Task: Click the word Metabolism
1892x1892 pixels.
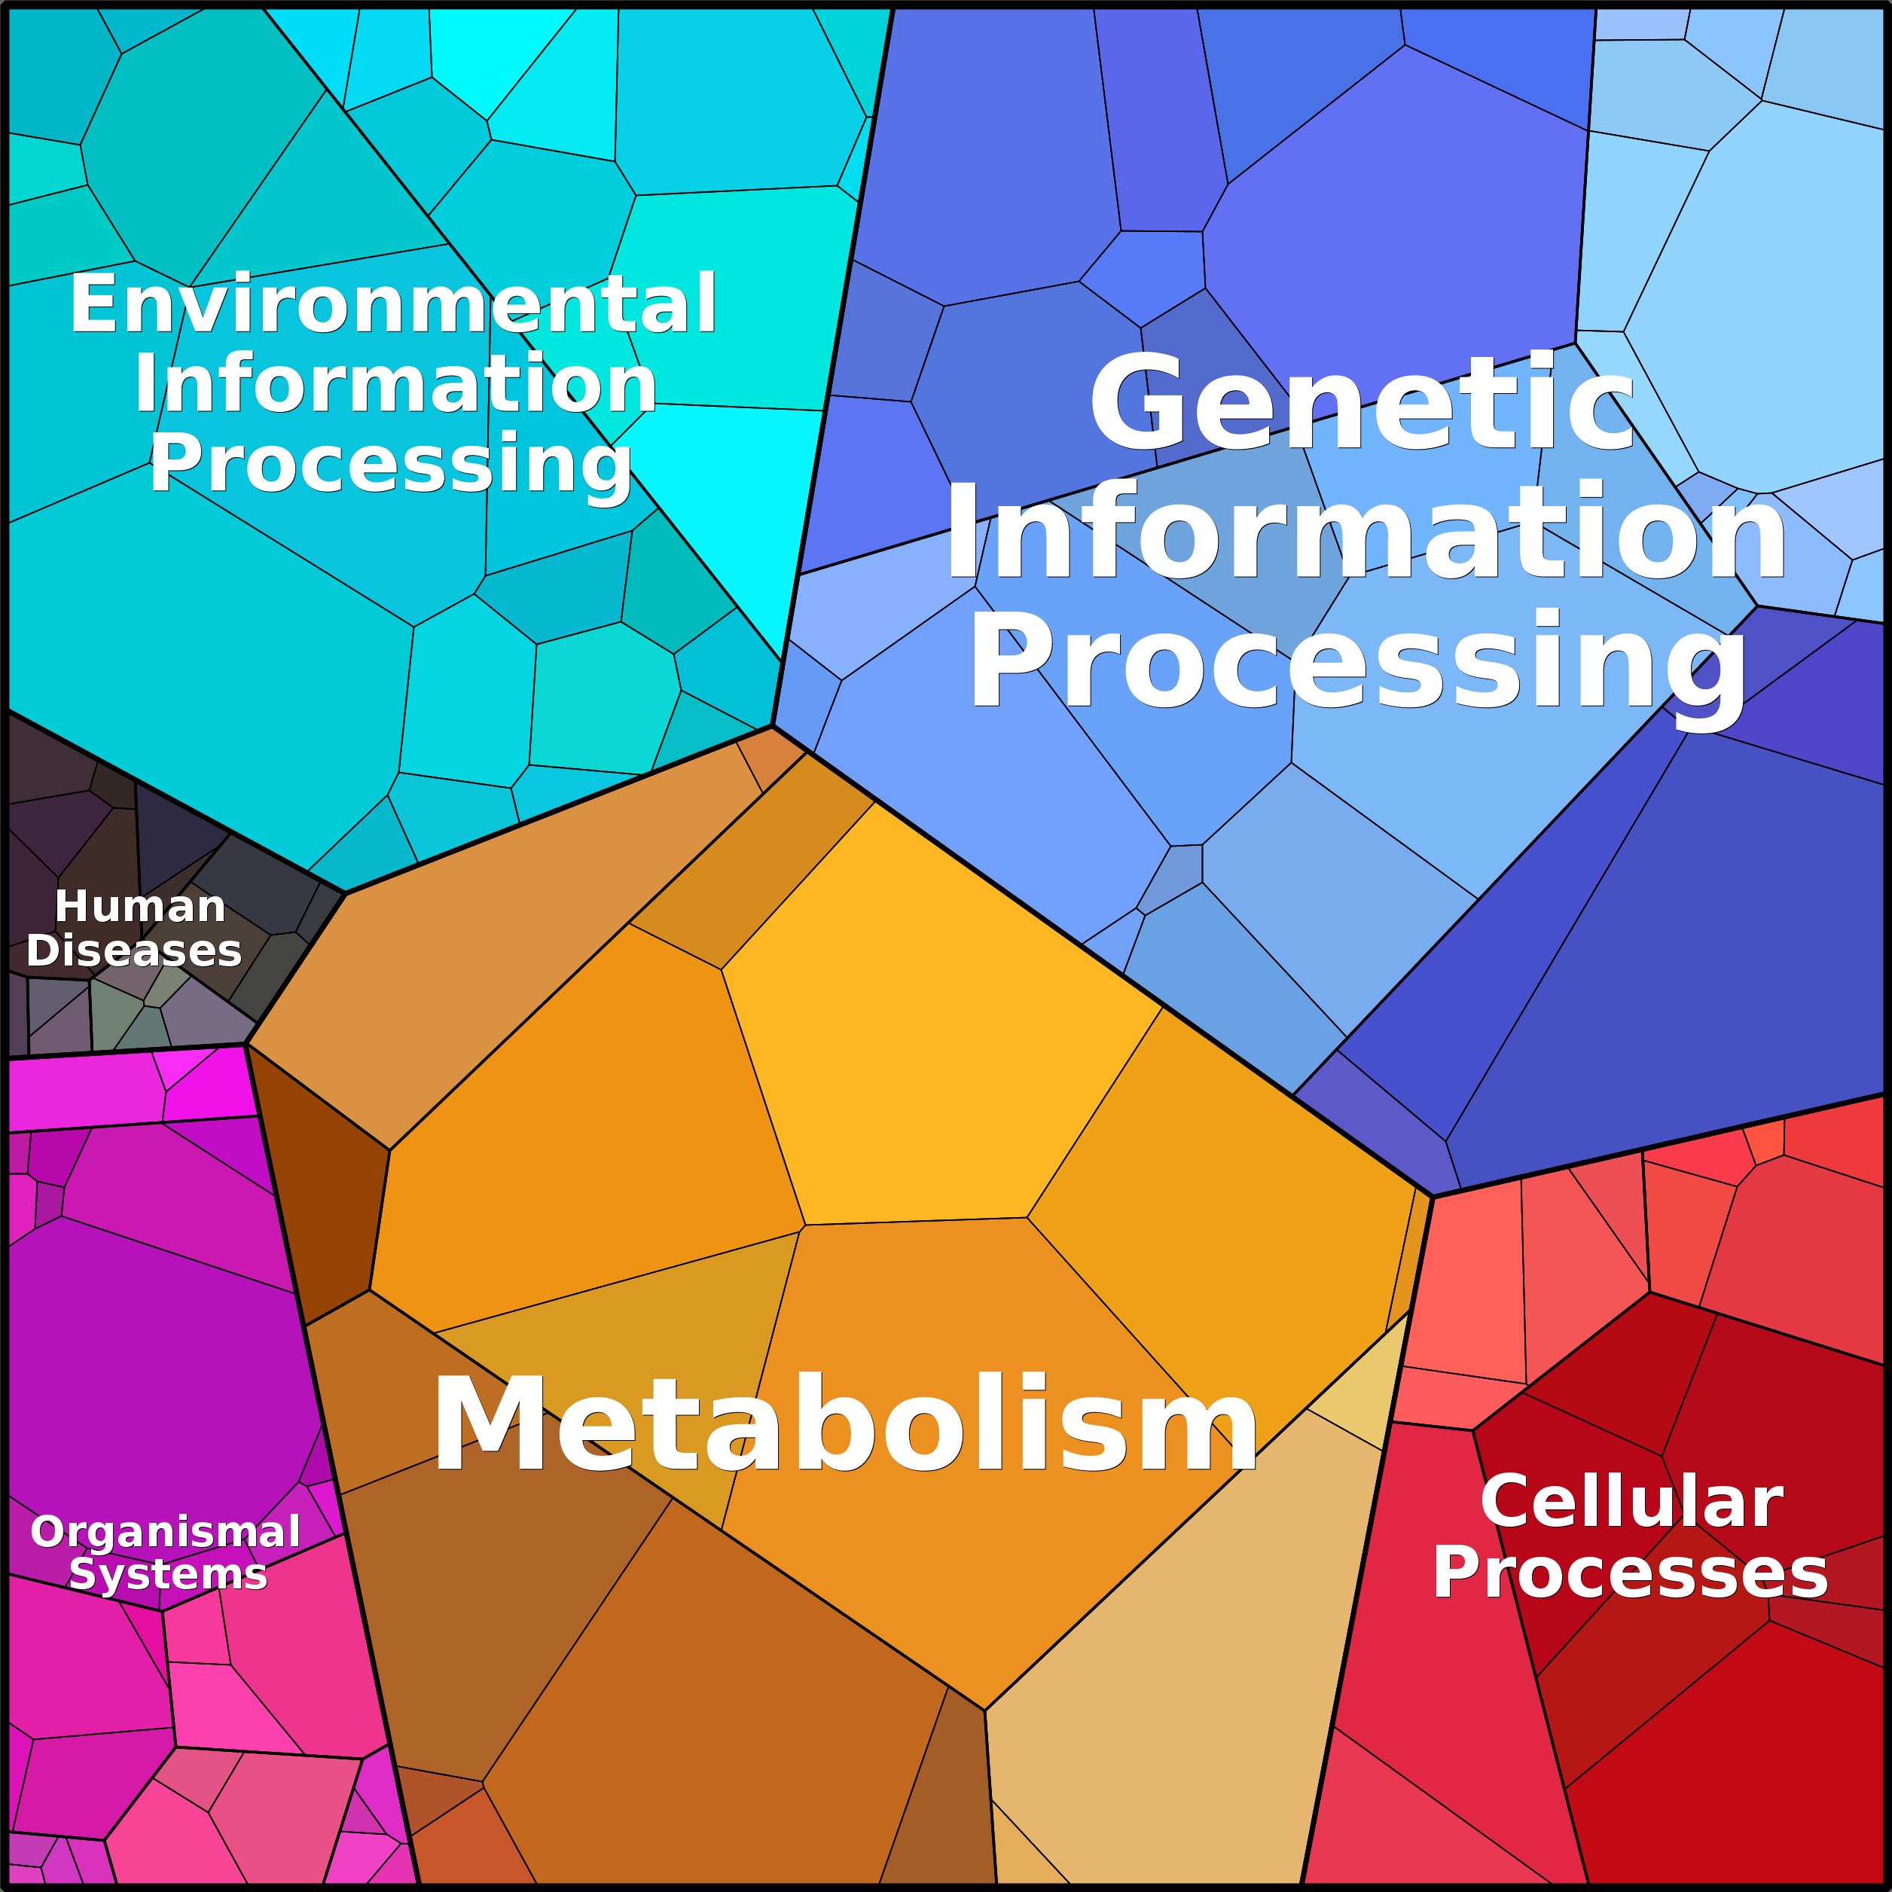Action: (x=845, y=1424)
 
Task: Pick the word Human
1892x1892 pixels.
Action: (x=140, y=906)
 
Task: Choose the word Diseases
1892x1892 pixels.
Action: (x=134, y=951)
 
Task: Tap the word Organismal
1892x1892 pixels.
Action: (x=166, y=1533)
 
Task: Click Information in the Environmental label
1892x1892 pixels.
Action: (x=395, y=384)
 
